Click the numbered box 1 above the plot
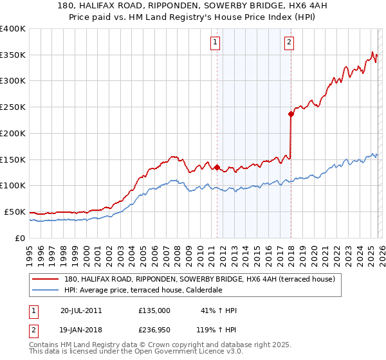214,43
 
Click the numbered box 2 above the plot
289,43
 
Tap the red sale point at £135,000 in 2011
217,167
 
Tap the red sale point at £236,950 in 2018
291,114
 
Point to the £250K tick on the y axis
12,107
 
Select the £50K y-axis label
15,212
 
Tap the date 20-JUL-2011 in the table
81,310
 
